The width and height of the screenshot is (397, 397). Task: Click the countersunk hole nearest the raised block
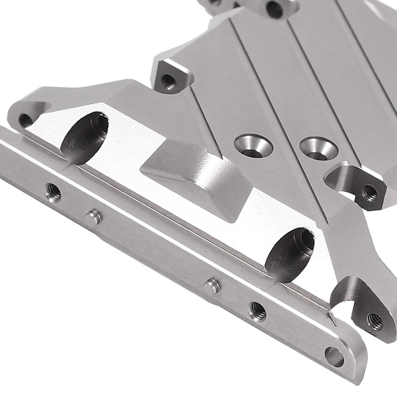click(253, 146)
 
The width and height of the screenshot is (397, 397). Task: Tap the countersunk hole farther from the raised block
click(319, 147)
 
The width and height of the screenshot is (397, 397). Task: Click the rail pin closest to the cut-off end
click(93, 217)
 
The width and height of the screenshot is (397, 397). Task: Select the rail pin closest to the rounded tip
click(212, 286)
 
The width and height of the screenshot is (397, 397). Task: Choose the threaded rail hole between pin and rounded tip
click(258, 311)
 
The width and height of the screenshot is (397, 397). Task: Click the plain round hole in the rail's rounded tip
click(334, 356)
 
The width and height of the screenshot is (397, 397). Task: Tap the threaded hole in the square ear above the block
click(169, 80)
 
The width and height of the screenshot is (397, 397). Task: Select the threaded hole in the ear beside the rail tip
click(375, 321)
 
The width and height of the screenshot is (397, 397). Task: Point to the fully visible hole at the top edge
click(274, 9)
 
